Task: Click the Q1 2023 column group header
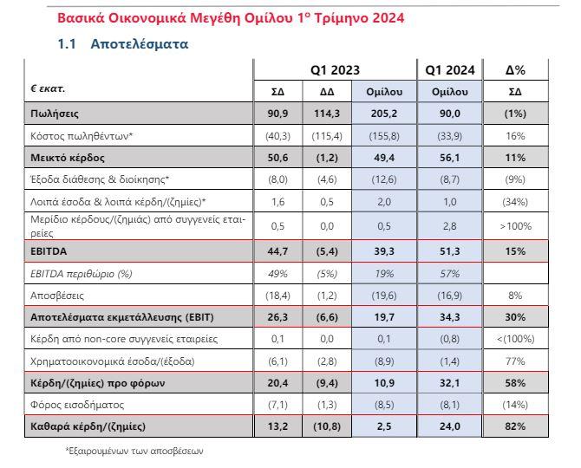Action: (335, 69)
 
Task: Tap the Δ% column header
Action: (515, 69)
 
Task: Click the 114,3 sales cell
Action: (327, 114)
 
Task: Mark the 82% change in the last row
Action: (515, 426)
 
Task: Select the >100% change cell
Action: (515, 226)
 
